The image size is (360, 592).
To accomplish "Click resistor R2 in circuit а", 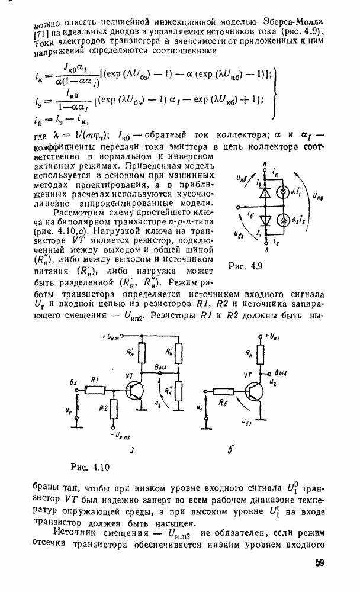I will (112, 409).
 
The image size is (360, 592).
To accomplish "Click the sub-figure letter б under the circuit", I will (230, 451).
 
